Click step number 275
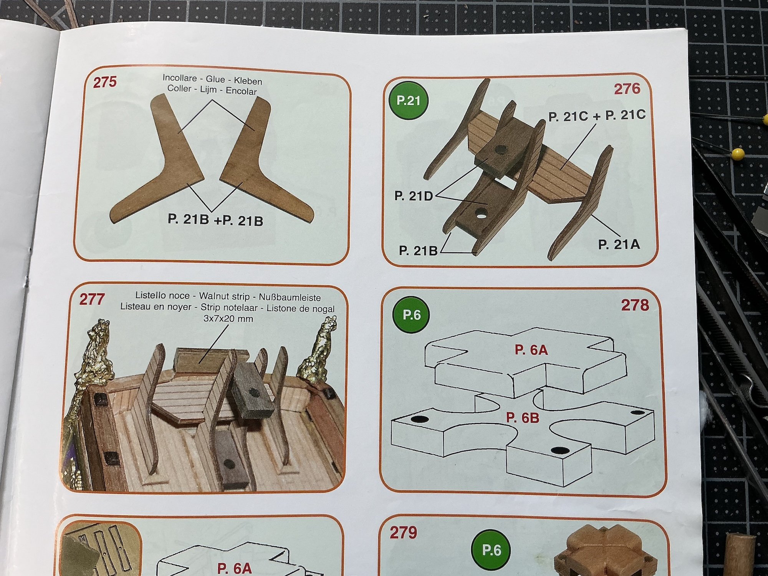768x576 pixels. (x=104, y=82)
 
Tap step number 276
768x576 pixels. (x=627, y=89)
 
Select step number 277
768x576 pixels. (x=91, y=299)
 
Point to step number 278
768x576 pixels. (x=635, y=305)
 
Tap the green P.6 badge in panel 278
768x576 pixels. (x=412, y=315)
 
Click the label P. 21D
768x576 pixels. (x=414, y=196)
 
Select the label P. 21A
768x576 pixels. (x=619, y=244)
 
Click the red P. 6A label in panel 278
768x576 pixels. (x=531, y=350)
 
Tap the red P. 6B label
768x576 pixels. (x=523, y=418)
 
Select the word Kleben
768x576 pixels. (x=248, y=81)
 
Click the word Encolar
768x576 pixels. (x=241, y=91)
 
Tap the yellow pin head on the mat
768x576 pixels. (x=738, y=154)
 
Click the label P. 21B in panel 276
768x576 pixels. (x=418, y=251)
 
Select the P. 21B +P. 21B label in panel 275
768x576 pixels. (x=215, y=220)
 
